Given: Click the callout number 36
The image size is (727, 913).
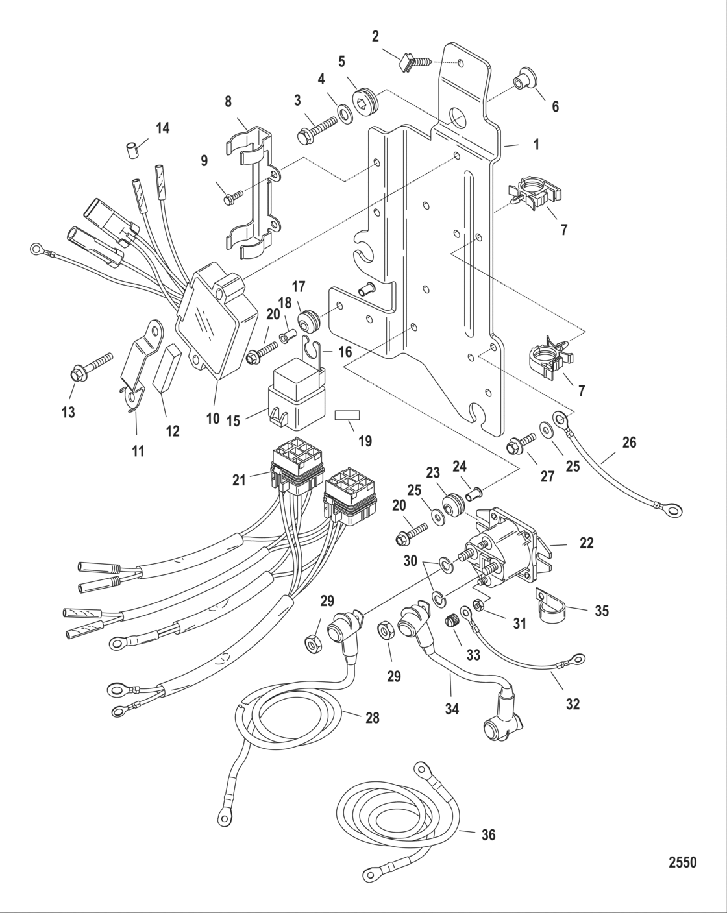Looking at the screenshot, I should coord(487,834).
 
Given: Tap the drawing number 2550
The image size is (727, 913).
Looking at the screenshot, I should coord(682,862).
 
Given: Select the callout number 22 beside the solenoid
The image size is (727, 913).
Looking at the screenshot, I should coord(586,544).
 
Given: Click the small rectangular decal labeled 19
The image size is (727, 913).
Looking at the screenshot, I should coord(348,415).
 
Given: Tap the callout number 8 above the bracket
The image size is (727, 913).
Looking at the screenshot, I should coord(228,102).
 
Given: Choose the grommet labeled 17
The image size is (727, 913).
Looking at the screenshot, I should coord(308,320).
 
